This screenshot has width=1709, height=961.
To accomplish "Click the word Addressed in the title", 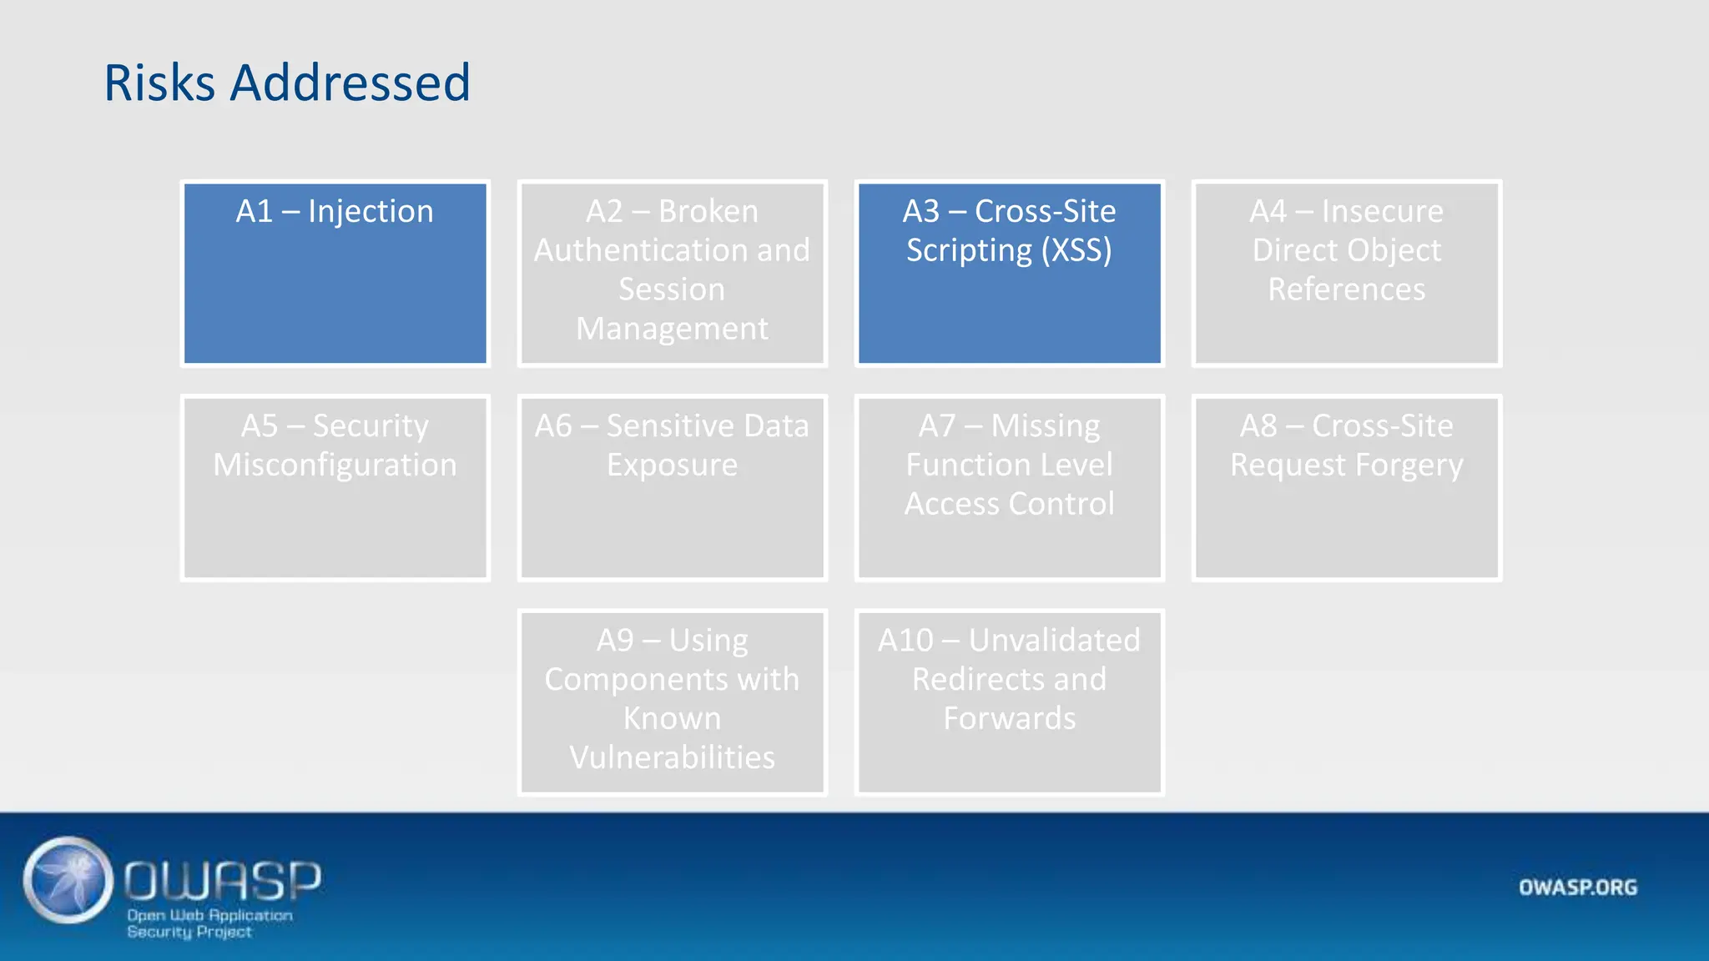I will (350, 83).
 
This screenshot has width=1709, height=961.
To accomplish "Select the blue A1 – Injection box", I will (335, 274).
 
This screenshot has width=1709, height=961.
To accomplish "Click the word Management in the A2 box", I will (672, 329).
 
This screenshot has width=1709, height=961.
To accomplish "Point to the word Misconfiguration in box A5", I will (335, 465).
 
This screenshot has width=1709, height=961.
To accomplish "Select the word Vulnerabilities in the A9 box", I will (672, 757).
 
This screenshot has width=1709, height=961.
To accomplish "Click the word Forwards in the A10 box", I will (1009, 718).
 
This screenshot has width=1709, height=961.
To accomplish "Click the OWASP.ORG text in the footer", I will (1577, 888).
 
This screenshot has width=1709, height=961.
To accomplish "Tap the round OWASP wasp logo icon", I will (68, 880).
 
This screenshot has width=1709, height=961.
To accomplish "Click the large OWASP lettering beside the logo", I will (223, 880).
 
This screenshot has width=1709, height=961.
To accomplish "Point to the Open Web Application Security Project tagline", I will (209, 923).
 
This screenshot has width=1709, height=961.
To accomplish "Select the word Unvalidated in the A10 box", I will (1054, 641).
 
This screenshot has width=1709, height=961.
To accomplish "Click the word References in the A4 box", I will (1346, 289).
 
